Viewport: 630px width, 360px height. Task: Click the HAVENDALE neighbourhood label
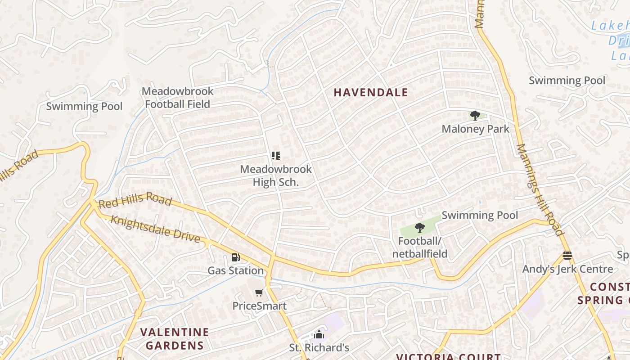point(370,93)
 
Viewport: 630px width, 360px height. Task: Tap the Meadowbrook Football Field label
point(177,98)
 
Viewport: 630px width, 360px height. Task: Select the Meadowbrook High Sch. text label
point(275,175)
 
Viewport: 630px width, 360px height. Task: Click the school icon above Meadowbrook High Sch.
point(275,156)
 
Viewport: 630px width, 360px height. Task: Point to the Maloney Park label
point(475,129)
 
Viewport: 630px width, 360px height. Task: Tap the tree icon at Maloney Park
point(475,116)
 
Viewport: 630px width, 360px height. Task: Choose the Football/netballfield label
point(419,247)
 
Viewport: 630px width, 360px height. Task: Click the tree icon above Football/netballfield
point(419,228)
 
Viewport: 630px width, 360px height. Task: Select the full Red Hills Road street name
point(135,200)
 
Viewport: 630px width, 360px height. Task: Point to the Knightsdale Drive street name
point(155,229)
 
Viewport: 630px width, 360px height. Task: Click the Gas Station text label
point(235,271)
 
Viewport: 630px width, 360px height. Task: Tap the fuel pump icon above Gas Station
point(235,257)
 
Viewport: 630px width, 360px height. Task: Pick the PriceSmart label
point(259,306)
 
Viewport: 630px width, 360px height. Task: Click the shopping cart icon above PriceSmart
point(259,293)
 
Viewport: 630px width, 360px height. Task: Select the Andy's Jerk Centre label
point(567,269)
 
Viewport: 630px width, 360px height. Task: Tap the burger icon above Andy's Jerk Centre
point(567,256)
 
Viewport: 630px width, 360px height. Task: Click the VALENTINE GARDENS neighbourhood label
point(174,339)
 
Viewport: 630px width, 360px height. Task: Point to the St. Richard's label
point(319,348)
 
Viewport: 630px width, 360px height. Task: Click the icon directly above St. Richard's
point(319,334)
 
